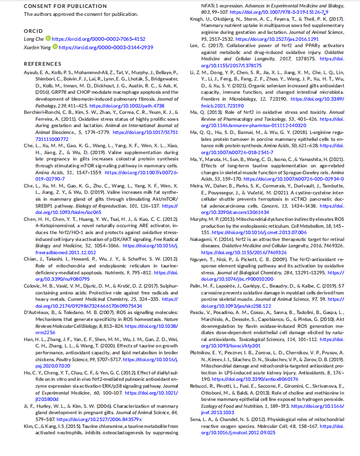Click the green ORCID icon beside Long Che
[48, 39]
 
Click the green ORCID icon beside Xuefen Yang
[55, 47]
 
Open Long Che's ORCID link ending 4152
[98, 39]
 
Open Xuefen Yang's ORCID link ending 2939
[106, 47]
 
